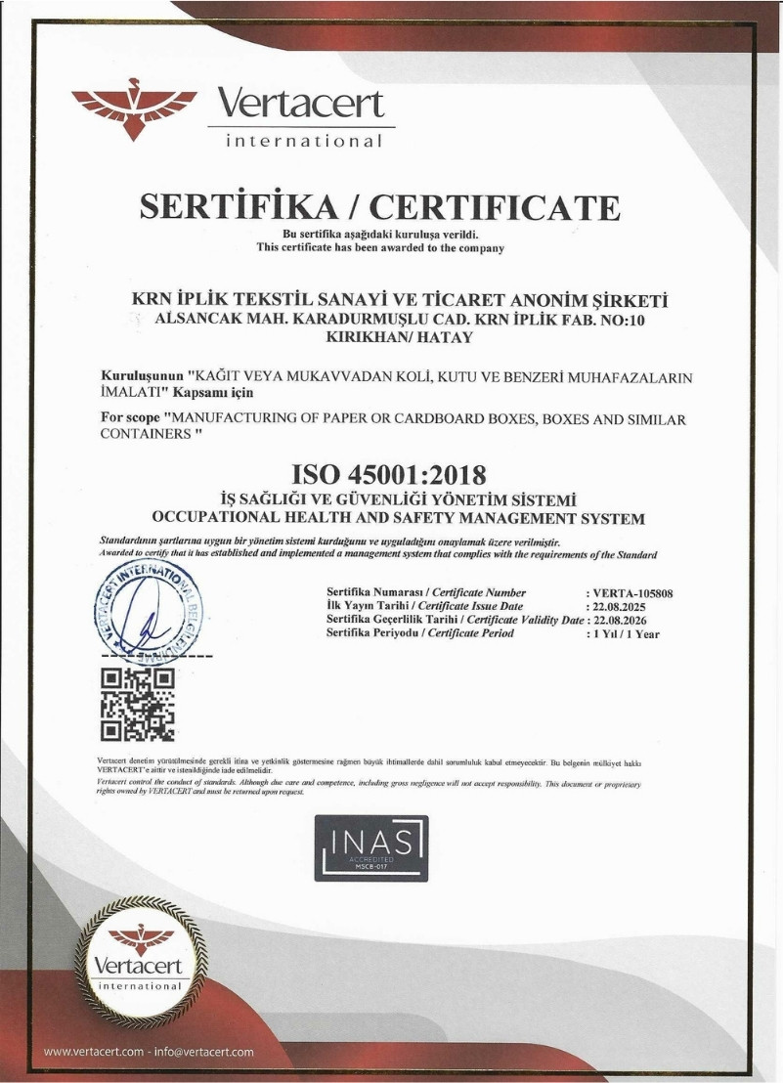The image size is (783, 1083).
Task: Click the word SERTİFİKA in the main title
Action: [239, 207]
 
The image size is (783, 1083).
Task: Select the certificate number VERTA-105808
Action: [632, 593]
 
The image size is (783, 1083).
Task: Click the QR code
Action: [137, 701]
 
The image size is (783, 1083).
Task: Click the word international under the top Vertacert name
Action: [303, 142]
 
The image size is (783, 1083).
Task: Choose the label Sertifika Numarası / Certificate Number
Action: [426, 593]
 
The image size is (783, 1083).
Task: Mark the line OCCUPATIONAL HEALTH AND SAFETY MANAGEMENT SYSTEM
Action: [399, 518]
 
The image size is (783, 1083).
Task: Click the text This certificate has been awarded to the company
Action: [380, 248]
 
